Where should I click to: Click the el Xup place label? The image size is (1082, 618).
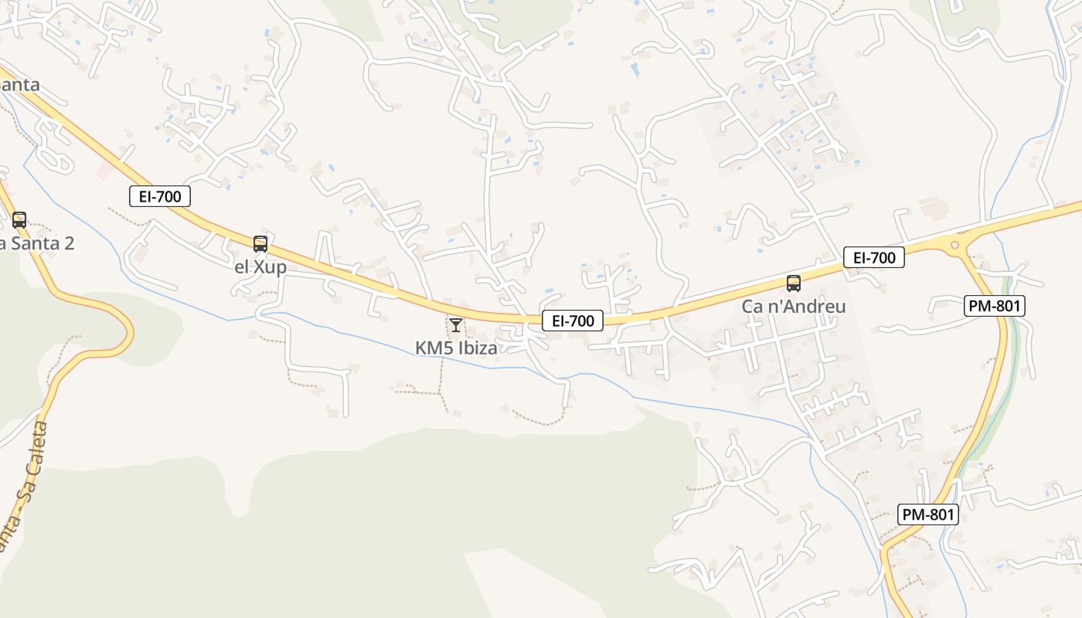(260, 267)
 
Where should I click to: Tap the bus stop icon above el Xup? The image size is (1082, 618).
(260, 244)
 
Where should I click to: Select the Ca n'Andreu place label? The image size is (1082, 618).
(794, 306)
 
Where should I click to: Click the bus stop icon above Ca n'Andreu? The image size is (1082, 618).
(794, 283)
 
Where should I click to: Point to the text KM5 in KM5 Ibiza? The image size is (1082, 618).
(434, 348)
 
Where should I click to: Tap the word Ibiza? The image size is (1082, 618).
(478, 348)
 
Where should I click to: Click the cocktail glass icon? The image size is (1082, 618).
(456, 324)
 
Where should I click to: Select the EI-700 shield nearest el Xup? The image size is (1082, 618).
(160, 196)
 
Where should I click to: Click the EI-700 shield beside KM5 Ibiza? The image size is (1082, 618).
(573, 321)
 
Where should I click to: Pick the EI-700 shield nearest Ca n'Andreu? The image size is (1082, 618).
(874, 257)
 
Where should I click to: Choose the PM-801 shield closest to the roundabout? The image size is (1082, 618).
(995, 306)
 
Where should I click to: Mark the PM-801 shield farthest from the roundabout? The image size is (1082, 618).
(928, 514)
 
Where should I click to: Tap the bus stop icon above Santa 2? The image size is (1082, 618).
(19, 219)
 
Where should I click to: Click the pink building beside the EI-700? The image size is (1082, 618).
(104, 171)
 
